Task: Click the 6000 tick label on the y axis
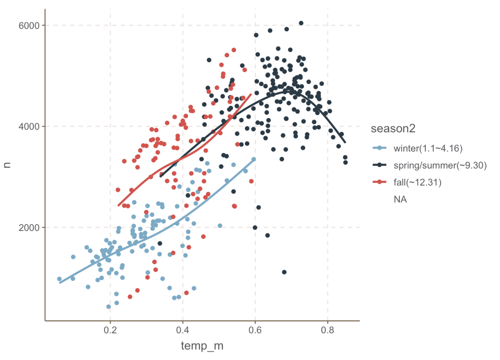point(29,26)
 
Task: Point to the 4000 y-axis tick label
point(29,127)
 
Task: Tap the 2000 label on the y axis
point(29,228)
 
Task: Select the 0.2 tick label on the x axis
point(110,330)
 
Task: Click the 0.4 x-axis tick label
point(183,330)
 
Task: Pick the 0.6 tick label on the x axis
point(255,330)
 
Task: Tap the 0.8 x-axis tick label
point(328,330)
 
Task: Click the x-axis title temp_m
point(202,346)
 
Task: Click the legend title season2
point(393,129)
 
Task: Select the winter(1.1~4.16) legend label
point(428,148)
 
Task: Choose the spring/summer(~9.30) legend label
point(440,165)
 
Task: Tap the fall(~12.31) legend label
point(417,182)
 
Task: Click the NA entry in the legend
point(400,199)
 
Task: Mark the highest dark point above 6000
point(301,23)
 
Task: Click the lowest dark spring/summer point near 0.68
point(284,272)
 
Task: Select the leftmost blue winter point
point(59,279)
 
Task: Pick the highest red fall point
point(234,50)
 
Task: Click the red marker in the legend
point(380,182)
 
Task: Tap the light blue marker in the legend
point(380,148)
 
